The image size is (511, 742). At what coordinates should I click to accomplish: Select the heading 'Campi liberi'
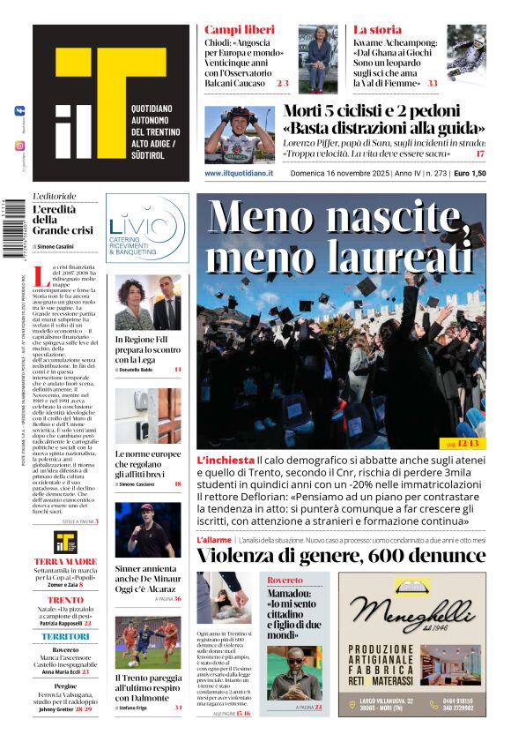[x=233, y=30]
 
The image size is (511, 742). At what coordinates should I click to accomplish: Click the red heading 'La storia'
[x=377, y=30]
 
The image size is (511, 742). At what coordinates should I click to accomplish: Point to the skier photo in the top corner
[x=466, y=56]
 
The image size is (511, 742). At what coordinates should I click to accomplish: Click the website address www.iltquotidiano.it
[x=238, y=174]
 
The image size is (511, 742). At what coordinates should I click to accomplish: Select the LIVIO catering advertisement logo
[x=146, y=228]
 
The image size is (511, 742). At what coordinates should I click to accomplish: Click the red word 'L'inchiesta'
[x=226, y=461]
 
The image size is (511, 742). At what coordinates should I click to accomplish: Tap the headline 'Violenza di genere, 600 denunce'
[x=339, y=555]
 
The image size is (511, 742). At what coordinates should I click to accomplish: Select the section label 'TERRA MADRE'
[x=65, y=561]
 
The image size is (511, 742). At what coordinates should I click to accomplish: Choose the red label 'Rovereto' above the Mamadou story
[x=285, y=581]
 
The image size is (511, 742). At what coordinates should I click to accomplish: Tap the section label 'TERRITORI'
[x=65, y=636]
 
